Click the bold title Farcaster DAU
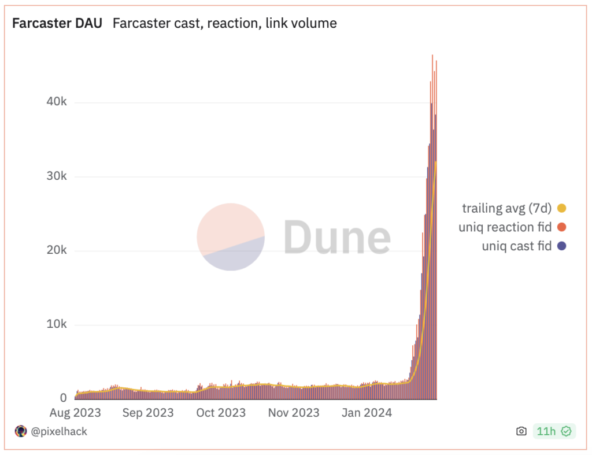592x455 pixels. (x=57, y=24)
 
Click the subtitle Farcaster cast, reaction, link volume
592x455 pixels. (x=224, y=24)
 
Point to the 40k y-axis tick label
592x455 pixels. (x=57, y=102)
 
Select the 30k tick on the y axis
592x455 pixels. (x=57, y=176)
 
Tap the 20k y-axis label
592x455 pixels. (x=57, y=250)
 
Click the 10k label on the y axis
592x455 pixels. (x=57, y=324)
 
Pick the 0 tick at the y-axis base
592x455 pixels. (x=63, y=398)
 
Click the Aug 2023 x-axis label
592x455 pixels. (x=75, y=413)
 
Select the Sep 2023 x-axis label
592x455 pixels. (x=148, y=413)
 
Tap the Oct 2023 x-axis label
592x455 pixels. (x=220, y=413)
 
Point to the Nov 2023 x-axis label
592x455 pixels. (x=294, y=413)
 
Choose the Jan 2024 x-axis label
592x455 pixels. (x=367, y=413)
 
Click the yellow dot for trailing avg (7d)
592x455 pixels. (x=561, y=208)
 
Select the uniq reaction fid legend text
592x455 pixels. (x=505, y=227)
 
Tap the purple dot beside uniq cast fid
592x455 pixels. (x=561, y=246)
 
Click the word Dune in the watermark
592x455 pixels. (x=337, y=238)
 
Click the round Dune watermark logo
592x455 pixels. (x=231, y=237)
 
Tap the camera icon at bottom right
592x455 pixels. (x=521, y=431)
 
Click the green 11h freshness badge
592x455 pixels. (x=553, y=431)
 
